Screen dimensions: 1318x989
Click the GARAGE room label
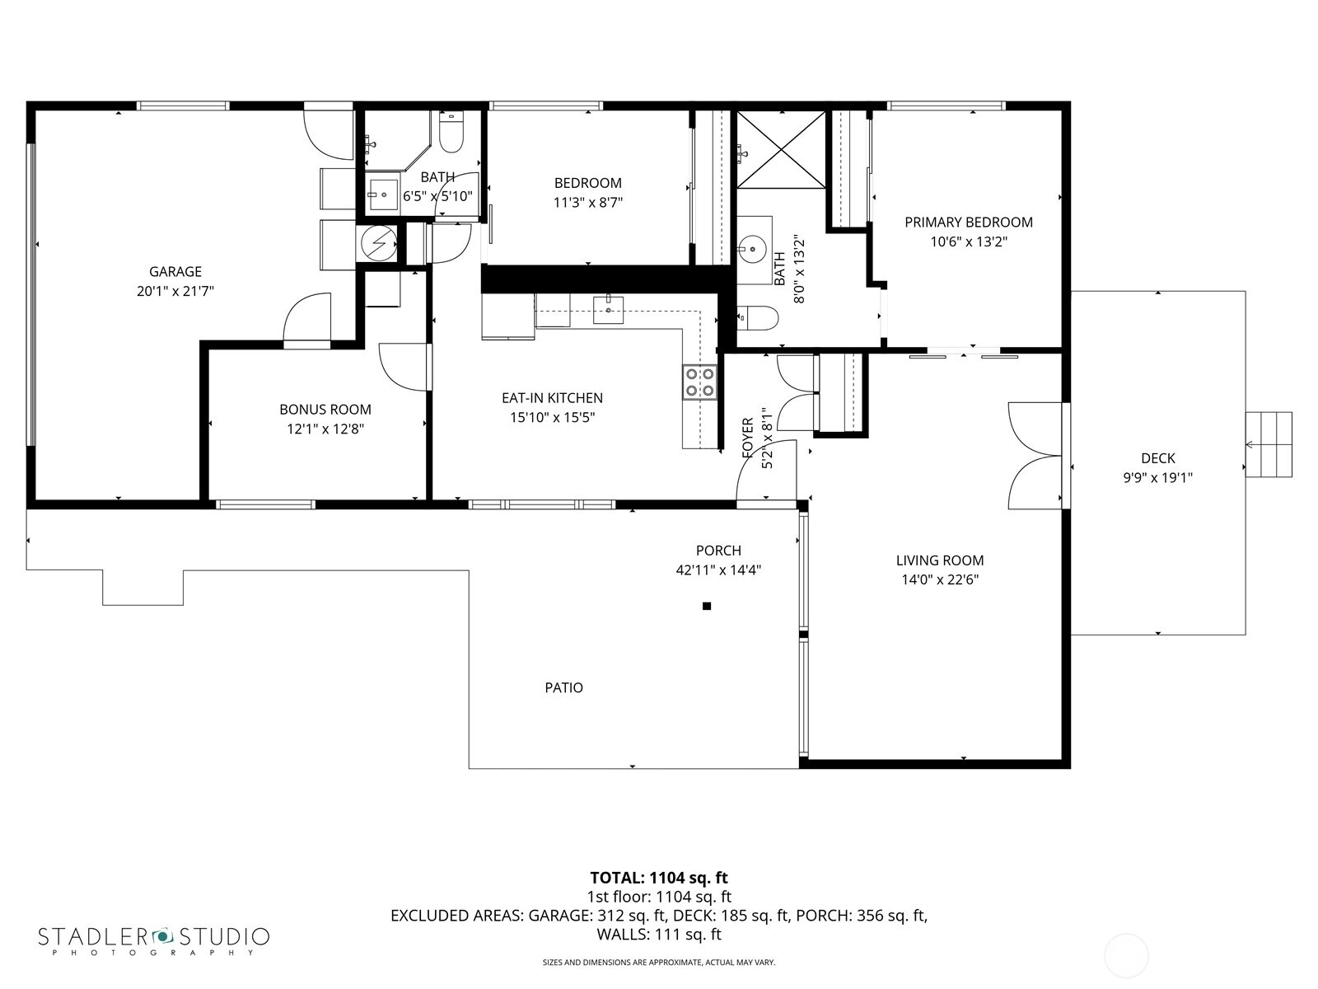tap(175, 271)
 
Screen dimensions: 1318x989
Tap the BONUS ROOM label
tap(325, 410)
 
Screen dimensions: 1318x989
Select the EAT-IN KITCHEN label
tap(553, 397)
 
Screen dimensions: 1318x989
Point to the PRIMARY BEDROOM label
tap(969, 223)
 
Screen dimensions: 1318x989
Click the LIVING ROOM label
tap(940, 560)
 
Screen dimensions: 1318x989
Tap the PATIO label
tap(563, 687)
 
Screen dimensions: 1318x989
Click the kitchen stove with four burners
tap(699, 382)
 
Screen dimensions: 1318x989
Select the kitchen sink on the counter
tap(608, 310)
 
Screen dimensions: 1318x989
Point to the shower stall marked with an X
tap(781, 149)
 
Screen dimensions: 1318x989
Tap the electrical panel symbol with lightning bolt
tap(377, 243)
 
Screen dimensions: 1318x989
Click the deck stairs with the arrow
tap(1268, 444)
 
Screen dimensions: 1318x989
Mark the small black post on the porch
tap(707, 606)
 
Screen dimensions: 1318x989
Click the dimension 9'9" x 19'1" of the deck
tap(1157, 478)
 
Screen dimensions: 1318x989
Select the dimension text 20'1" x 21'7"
tap(175, 291)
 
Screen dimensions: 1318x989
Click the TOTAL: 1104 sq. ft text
tap(659, 878)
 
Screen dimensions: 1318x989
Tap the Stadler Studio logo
tap(154, 940)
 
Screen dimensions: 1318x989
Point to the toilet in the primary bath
tap(758, 318)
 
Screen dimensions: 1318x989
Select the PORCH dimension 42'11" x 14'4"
tap(718, 569)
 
